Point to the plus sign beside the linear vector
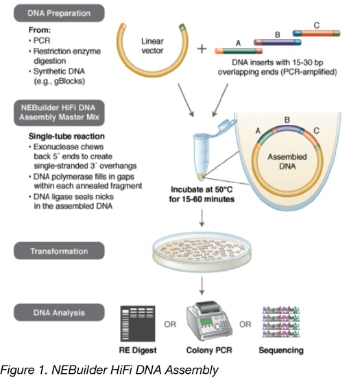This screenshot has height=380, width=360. pyautogui.click(x=200, y=49)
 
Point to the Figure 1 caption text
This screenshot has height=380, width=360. pyautogui.click(x=110, y=370)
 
